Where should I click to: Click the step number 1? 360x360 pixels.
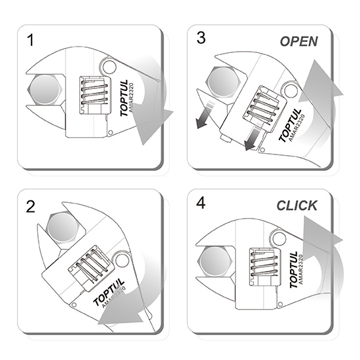30,40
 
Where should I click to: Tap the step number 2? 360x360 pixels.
31,207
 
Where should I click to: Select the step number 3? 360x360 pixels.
201,38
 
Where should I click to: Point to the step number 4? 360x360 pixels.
201,203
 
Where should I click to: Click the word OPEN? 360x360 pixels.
298,41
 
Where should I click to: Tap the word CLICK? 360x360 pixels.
297,206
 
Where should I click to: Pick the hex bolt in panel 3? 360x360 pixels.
223,82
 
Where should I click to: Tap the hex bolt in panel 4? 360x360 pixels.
215,261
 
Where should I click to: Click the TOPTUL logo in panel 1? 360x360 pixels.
124,98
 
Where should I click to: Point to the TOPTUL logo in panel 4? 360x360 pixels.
294,270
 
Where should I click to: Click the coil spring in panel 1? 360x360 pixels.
94,94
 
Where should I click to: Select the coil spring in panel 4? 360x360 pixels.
264,264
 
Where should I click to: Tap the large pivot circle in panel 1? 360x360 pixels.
109,67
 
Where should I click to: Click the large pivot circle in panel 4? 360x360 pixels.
279,238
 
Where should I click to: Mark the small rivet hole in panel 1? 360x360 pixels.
111,132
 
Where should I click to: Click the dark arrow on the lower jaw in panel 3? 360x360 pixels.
204,115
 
